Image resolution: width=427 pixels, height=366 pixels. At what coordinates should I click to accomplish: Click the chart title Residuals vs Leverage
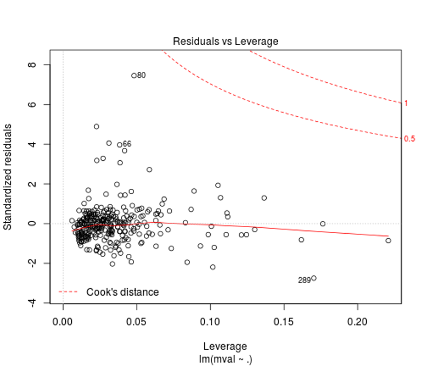tap(226, 41)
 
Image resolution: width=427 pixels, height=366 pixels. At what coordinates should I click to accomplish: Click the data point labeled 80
tap(134, 75)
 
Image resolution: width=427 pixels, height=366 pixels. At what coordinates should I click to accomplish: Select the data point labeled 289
tap(313, 278)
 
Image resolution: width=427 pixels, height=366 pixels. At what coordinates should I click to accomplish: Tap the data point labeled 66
tap(120, 145)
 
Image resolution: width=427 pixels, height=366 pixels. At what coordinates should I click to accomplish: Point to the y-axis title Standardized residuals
tap(9, 177)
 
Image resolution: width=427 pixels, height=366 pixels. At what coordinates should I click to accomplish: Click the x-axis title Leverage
tap(226, 346)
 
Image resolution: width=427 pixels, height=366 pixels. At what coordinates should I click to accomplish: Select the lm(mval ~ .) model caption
tap(226, 359)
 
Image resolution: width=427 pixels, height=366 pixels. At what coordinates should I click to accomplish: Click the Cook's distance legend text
tap(122, 292)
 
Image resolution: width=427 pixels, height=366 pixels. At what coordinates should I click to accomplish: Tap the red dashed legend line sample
tap(69, 292)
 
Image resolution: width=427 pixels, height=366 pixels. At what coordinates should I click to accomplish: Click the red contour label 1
tap(406, 103)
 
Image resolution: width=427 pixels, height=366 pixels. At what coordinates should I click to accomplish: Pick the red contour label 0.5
tap(409, 139)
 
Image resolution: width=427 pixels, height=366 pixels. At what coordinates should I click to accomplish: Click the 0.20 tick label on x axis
tap(357, 319)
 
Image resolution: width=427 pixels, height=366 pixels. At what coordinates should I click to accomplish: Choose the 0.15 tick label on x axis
tap(284, 319)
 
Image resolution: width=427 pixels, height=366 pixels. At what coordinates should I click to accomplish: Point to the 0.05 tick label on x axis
tap(137, 319)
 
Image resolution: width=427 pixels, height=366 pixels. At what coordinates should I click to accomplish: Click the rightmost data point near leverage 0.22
tap(388, 240)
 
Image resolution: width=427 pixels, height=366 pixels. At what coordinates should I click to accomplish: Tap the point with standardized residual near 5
tap(97, 126)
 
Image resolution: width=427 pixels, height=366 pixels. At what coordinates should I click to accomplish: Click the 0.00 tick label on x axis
tap(63, 319)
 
